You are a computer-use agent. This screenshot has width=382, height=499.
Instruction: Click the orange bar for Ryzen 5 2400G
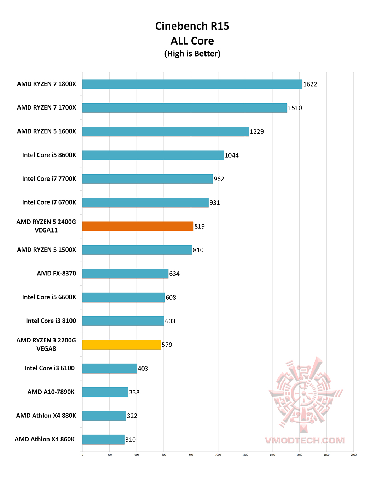pyautogui.click(x=138, y=226)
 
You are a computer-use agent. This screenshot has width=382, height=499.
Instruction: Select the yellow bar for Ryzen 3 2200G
pyautogui.click(x=122, y=345)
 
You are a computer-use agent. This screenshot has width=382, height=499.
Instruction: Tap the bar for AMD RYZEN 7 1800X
pyautogui.click(x=192, y=84)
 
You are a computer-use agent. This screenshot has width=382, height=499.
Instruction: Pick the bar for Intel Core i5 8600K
pyautogui.click(x=153, y=155)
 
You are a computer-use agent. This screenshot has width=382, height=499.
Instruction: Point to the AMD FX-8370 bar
pyautogui.click(x=125, y=274)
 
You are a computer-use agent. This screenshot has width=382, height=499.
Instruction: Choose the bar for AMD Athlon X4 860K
pyautogui.click(x=103, y=439)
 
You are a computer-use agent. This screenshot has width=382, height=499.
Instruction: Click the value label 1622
pyautogui.click(x=310, y=84)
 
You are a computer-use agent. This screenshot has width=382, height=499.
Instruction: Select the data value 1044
pyautogui.click(x=232, y=155)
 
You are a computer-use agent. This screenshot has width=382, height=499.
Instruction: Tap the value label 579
pyautogui.click(x=167, y=345)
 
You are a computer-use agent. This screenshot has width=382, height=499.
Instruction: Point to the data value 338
pyautogui.click(x=134, y=392)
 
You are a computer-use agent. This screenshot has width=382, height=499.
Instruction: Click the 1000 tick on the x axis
pyautogui.click(x=218, y=455)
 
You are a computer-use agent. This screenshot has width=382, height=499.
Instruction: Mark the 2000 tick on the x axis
pyautogui.click(x=353, y=455)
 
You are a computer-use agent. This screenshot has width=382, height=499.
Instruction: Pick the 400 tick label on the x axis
pyautogui.click(x=137, y=455)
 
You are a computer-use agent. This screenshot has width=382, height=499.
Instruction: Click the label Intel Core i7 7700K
pyautogui.click(x=49, y=179)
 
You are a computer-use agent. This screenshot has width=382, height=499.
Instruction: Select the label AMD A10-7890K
pyautogui.click(x=51, y=392)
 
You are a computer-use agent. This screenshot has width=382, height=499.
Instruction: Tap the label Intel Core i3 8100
pyautogui.click(x=51, y=321)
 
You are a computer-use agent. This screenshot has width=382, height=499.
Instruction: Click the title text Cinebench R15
pyautogui.click(x=192, y=26)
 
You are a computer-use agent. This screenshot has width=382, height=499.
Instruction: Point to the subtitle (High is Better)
pyautogui.click(x=192, y=54)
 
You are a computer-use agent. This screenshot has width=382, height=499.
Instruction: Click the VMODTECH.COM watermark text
pyautogui.click(x=305, y=440)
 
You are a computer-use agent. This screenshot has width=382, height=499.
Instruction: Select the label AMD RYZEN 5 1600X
pyautogui.click(x=46, y=131)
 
